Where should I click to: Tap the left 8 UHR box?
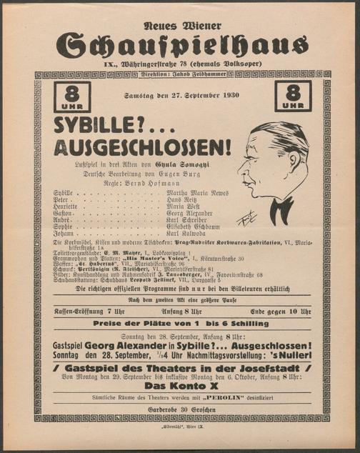(71, 97)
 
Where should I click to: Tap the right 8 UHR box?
(294, 97)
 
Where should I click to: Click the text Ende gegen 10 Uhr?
(281, 312)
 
